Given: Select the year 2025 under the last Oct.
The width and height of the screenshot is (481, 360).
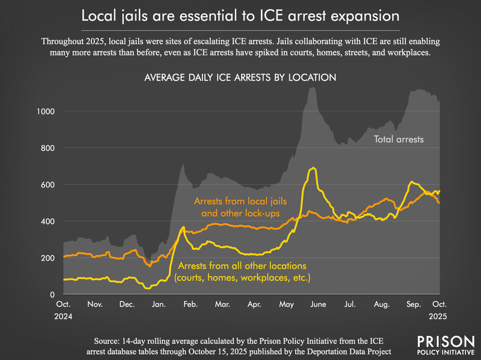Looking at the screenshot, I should (x=440, y=316).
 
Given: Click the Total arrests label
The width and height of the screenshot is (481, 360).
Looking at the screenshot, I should (x=399, y=139).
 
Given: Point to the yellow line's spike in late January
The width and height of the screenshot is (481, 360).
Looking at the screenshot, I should (x=183, y=227).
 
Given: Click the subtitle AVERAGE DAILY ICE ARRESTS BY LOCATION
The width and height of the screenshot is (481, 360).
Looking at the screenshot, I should (x=239, y=78).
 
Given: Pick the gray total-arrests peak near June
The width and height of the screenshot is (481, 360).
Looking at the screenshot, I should (x=312, y=88).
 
